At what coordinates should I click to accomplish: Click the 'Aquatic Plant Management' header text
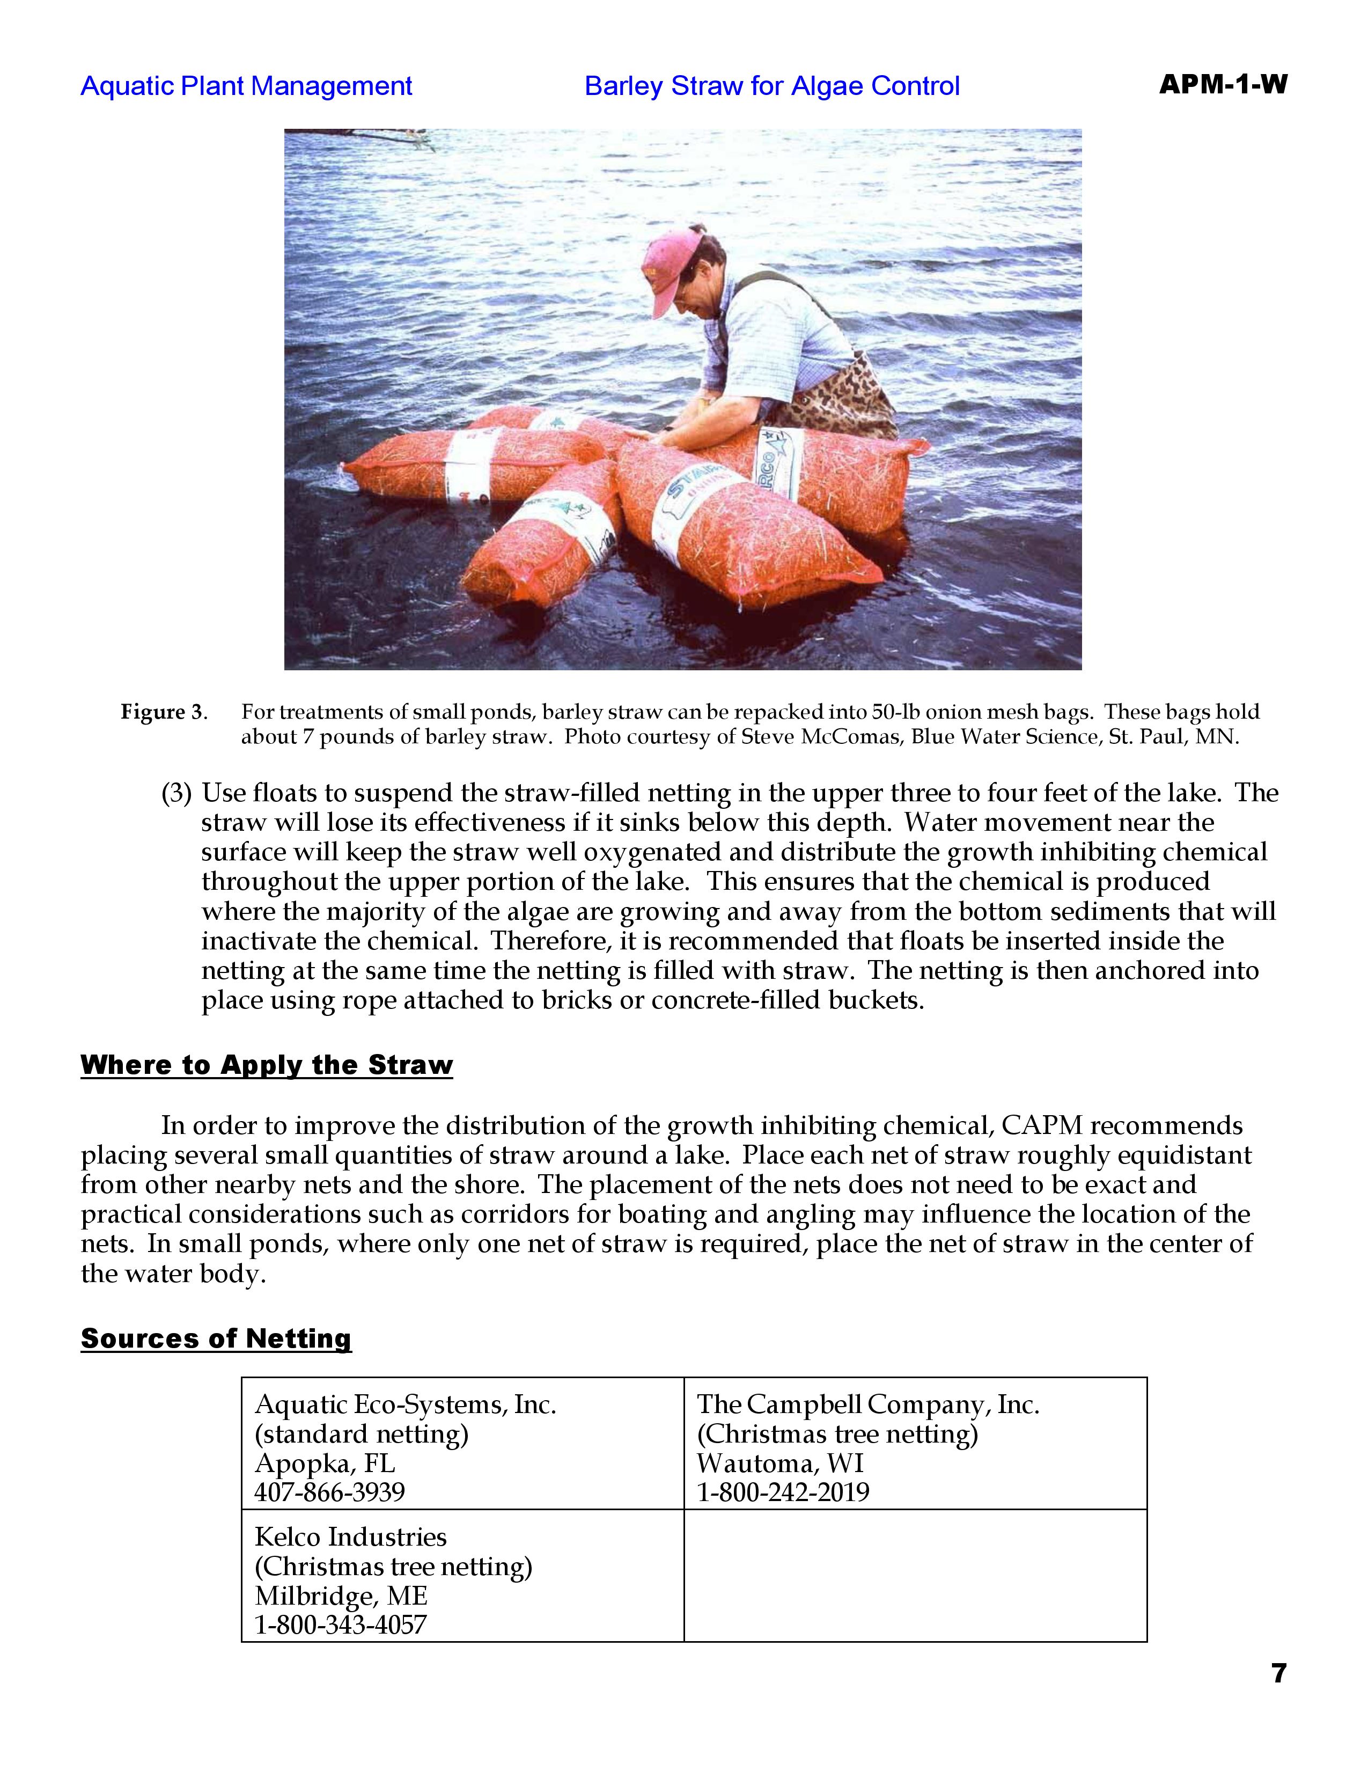coord(246,86)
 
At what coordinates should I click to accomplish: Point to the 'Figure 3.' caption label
coord(164,713)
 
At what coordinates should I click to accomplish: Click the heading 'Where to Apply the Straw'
coord(267,1065)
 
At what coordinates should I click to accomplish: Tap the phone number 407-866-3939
coord(330,1492)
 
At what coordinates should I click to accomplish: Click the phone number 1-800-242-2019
coord(783,1492)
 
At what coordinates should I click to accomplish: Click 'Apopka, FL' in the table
coord(325,1463)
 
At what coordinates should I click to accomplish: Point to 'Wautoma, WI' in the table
coord(781,1463)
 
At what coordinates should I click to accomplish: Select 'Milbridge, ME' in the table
coord(341,1596)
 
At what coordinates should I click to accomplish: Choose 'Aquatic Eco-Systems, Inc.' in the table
coord(405,1404)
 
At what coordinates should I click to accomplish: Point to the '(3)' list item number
coord(176,793)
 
